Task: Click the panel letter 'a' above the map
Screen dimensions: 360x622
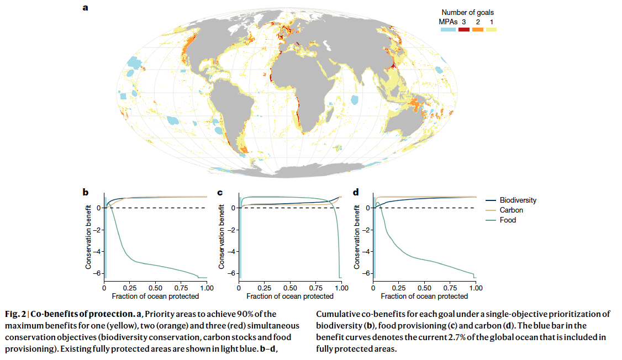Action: click(x=85, y=8)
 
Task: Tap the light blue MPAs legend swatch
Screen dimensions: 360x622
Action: click(x=448, y=29)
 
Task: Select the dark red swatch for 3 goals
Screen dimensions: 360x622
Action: click(x=463, y=29)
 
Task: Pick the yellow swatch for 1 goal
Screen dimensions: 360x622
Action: click(x=491, y=29)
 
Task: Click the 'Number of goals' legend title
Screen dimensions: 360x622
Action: click(x=467, y=12)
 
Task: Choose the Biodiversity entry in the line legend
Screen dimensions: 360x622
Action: click(x=518, y=200)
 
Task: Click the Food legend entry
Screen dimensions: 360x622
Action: click(x=508, y=220)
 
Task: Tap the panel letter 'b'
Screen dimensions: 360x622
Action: click(x=86, y=193)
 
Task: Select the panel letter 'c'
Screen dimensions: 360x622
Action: click(x=220, y=193)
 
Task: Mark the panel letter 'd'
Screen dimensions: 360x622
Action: click(x=355, y=193)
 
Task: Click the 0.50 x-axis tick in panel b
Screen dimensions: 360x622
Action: click(x=155, y=288)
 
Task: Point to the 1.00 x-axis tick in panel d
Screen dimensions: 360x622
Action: click(x=476, y=288)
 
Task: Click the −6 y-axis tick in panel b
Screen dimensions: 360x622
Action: click(x=98, y=273)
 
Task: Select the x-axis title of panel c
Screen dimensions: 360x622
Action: click(x=290, y=296)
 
